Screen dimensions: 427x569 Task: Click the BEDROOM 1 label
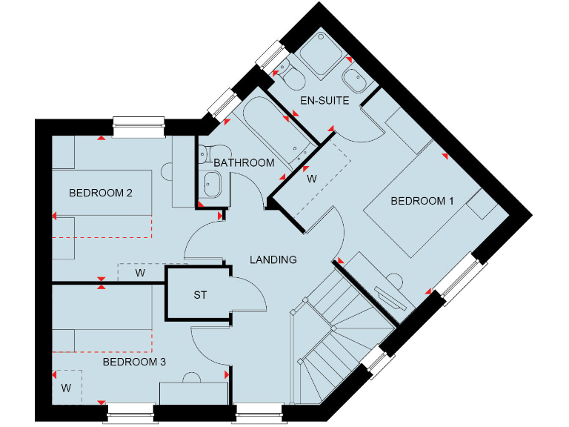(x=422, y=201)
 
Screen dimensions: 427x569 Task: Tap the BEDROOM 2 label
(x=101, y=193)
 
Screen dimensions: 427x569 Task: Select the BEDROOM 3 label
(x=134, y=363)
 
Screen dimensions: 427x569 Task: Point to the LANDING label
(x=273, y=260)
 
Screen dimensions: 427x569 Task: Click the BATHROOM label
(x=244, y=163)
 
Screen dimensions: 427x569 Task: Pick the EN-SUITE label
(x=325, y=101)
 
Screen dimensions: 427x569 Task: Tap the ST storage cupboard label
(x=200, y=295)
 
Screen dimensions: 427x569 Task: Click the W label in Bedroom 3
(x=66, y=388)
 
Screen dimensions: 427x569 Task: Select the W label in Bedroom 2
(x=140, y=273)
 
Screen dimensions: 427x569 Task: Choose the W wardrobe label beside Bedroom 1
(x=312, y=179)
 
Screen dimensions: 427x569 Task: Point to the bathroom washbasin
(x=211, y=182)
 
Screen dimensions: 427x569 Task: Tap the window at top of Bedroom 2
(x=139, y=125)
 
